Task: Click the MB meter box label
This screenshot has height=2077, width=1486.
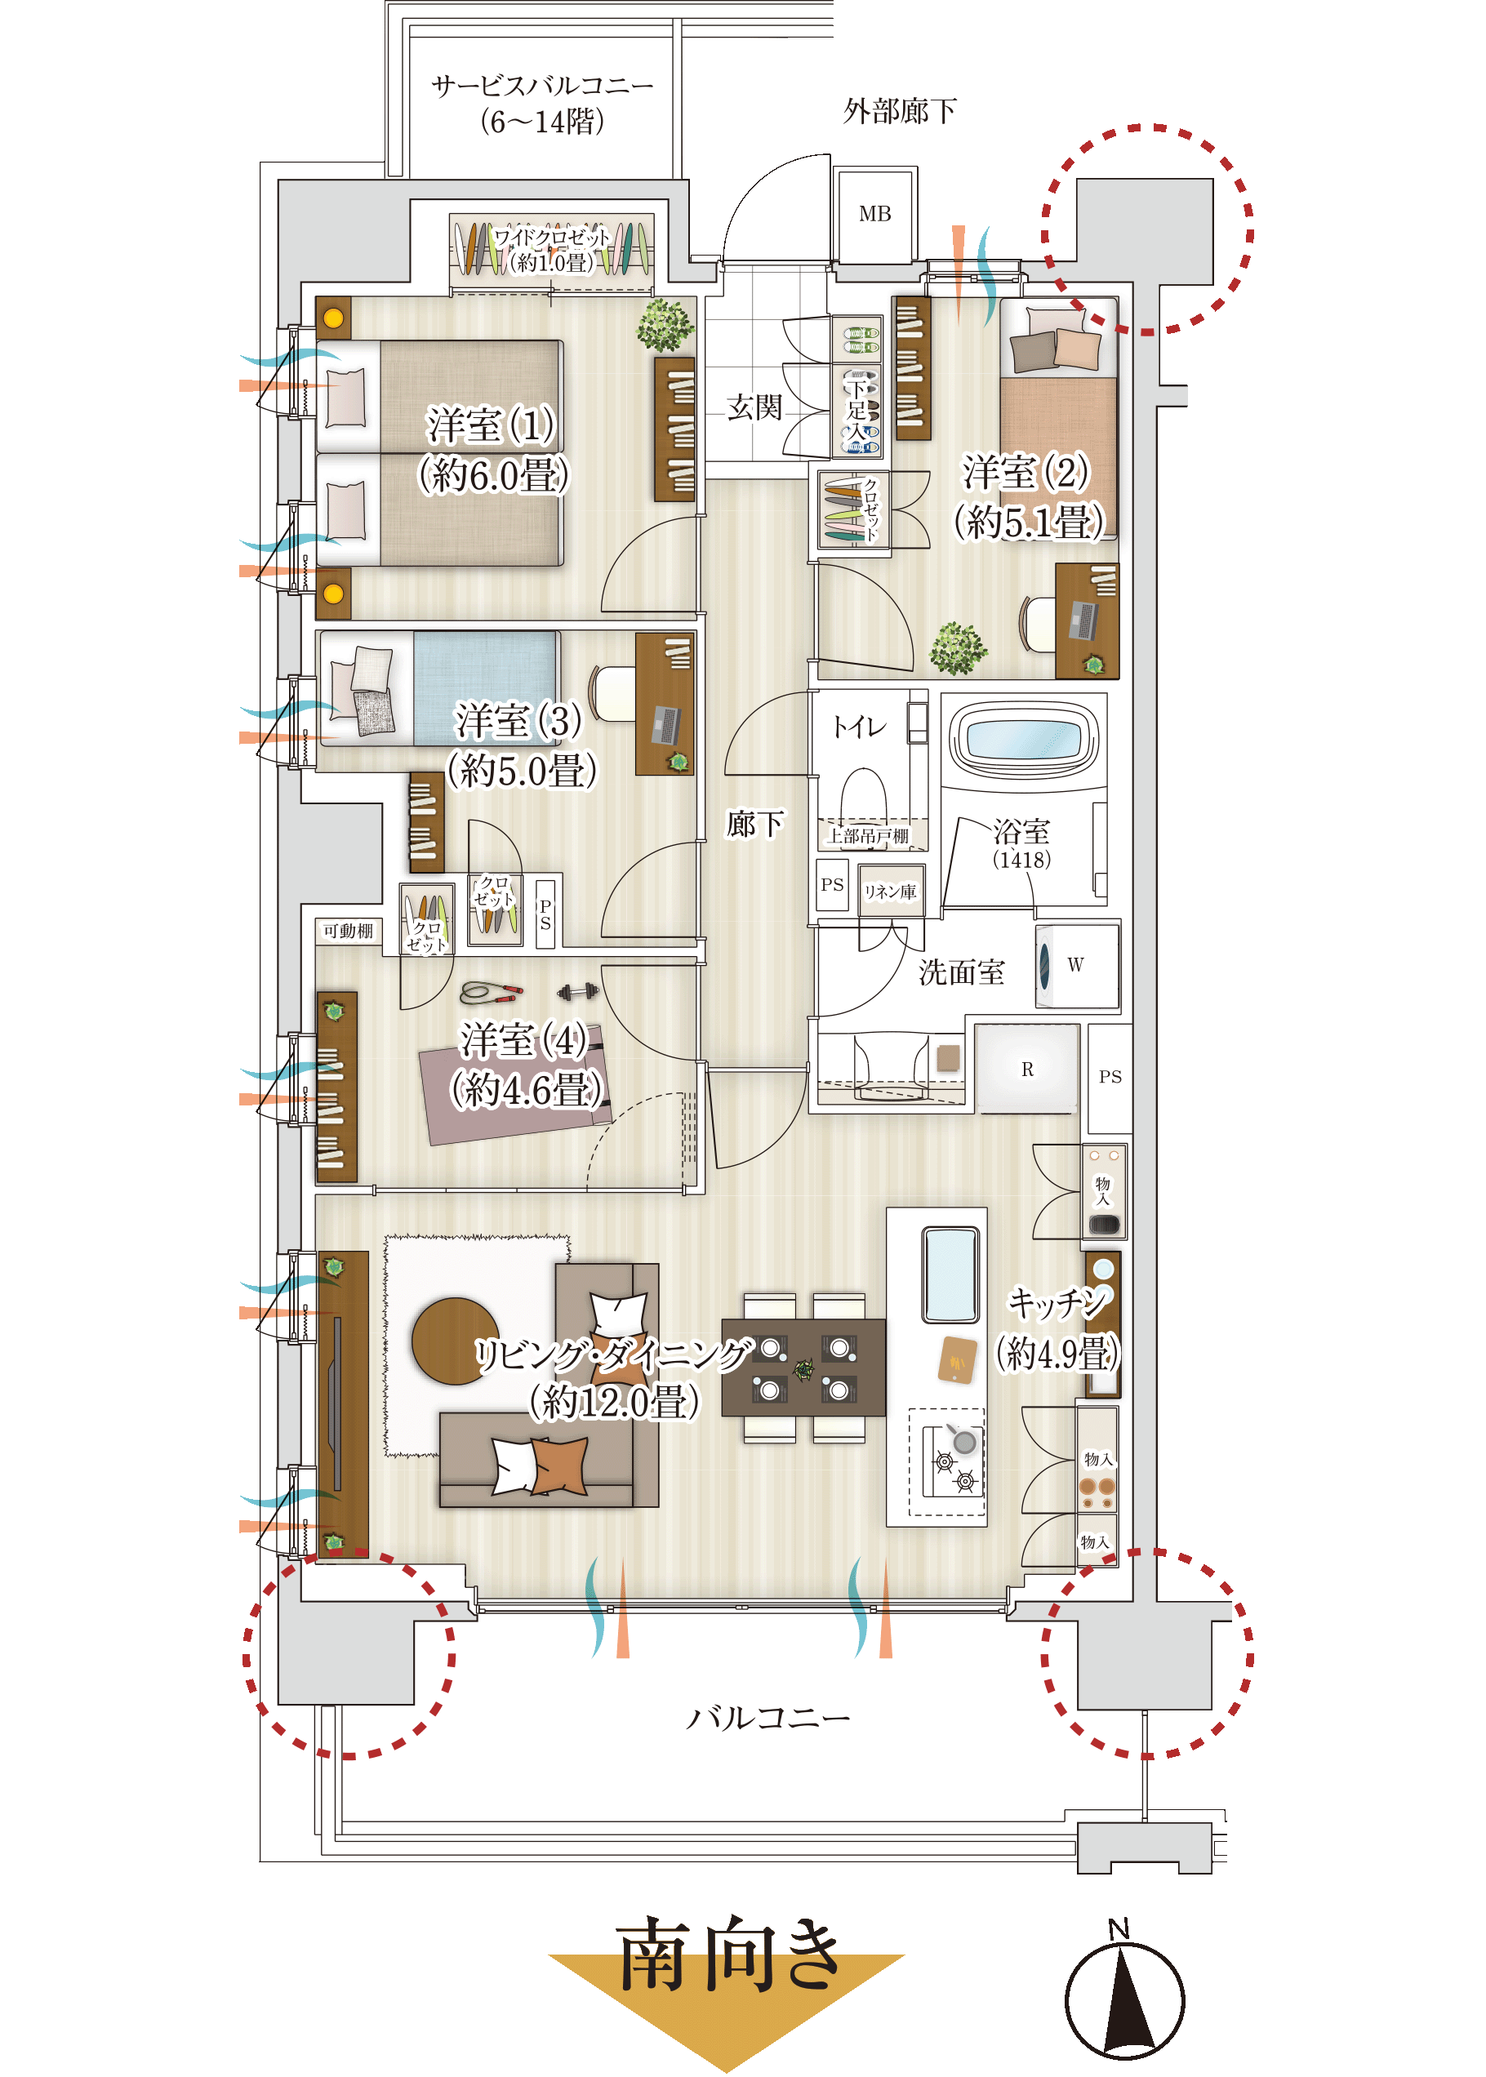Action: (874, 214)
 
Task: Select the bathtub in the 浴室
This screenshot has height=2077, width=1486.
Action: (1023, 737)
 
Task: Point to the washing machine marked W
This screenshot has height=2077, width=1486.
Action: (1077, 965)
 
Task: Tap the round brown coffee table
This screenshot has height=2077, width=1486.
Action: (456, 1341)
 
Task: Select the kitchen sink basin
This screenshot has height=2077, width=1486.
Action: (950, 1274)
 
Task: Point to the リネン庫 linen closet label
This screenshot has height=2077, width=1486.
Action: (889, 892)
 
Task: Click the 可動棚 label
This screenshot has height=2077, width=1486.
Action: (348, 931)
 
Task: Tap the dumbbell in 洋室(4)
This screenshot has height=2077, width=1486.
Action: (577, 992)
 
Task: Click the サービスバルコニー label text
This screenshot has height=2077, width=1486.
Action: (543, 86)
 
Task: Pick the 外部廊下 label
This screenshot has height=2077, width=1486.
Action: (900, 112)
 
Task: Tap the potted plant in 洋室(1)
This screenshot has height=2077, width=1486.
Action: (665, 325)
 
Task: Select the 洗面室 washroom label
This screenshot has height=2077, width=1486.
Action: (961, 972)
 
